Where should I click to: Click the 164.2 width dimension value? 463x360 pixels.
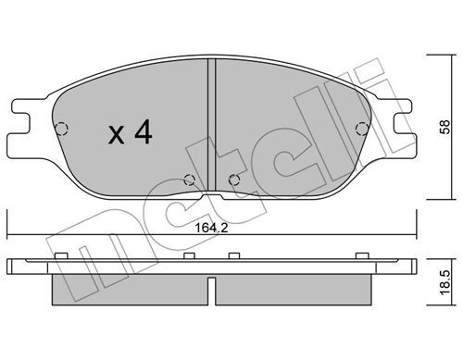tap(211, 229)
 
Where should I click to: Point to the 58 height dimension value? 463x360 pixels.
tap(445, 127)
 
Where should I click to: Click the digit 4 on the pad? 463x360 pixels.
tap(143, 131)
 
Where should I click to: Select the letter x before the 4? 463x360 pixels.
tap(116, 136)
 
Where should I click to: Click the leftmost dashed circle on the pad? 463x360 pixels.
tap(61, 129)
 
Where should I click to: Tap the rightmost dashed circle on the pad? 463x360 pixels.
tap(362, 129)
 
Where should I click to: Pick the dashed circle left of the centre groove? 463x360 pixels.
tap(189, 180)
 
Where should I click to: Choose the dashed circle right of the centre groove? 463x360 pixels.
tap(234, 180)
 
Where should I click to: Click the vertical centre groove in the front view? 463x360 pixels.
tap(211, 125)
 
